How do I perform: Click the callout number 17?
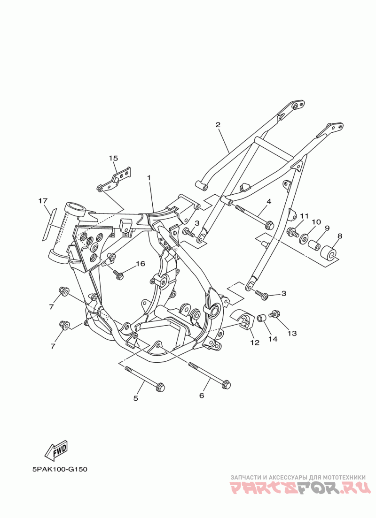pyautogui.click(x=43, y=201)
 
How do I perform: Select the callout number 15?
pyautogui.click(x=113, y=159)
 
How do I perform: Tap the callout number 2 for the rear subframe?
pyautogui.click(x=218, y=125)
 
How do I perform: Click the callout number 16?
pyautogui.click(x=141, y=264)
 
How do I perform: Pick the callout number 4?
pyautogui.click(x=269, y=202)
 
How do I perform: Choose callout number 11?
pyautogui.click(x=304, y=216)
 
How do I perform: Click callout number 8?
pyautogui.click(x=339, y=236)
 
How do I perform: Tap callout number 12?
pyautogui.click(x=254, y=343)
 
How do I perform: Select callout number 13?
pyautogui.click(x=292, y=333)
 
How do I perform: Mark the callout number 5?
pyautogui.click(x=136, y=398)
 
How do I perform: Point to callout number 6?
pyautogui.click(x=202, y=396)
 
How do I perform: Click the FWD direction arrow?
pyautogui.click(x=56, y=451)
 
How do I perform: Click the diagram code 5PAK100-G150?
pyautogui.click(x=60, y=469)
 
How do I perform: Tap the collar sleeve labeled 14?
pyautogui.click(x=261, y=319)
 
